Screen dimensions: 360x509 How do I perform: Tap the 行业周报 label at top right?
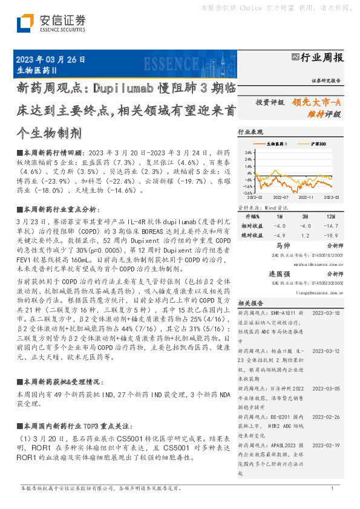[x=322, y=57]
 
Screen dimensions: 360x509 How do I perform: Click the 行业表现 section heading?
[x=251, y=131]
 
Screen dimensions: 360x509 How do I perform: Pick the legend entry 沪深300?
[x=318, y=144]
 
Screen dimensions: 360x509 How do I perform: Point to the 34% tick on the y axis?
[x=249, y=152]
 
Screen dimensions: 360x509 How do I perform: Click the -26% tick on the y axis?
[x=248, y=193]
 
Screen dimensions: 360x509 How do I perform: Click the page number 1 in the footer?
[x=332, y=488]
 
